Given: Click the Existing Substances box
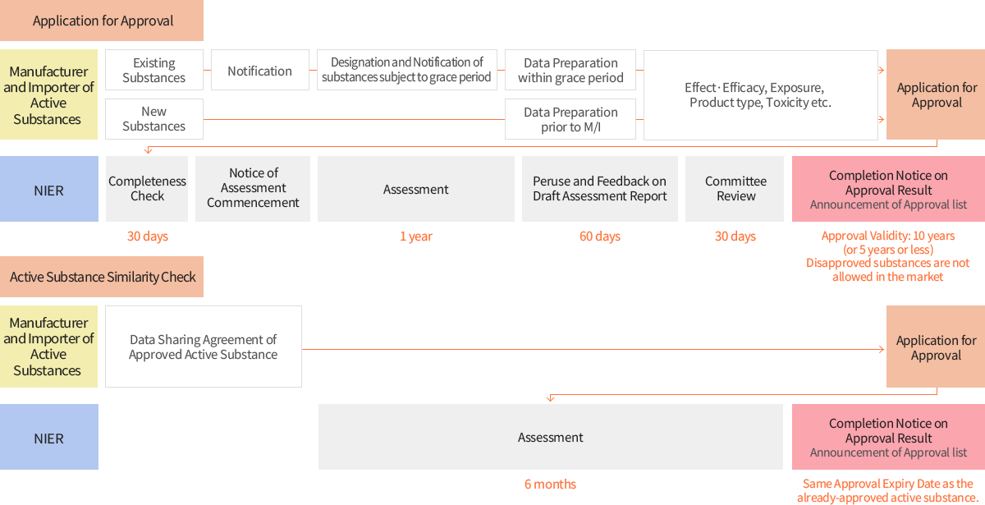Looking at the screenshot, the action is [x=154, y=70].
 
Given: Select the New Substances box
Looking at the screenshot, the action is [x=154, y=119].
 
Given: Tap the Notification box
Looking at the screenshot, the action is [x=260, y=70].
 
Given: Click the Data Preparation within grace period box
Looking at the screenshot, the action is [x=570, y=70].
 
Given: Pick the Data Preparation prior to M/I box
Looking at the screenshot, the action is [x=570, y=119].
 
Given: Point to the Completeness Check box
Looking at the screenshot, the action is [x=147, y=189].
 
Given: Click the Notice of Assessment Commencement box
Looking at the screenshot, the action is [x=253, y=189].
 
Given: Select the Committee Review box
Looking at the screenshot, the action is [x=735, y=189].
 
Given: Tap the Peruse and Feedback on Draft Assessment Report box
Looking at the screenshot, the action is [x=600, y=189].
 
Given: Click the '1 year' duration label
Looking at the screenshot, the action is [x=416, y=236].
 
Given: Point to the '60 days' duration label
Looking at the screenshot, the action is [x=600, y=236].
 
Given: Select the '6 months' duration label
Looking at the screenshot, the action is [x=550, y=484].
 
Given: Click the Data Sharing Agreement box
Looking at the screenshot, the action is [x=204, y=347].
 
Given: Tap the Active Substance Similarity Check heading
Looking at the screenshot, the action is [x=102, y=277].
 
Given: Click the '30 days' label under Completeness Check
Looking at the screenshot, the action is [x=148, y=236].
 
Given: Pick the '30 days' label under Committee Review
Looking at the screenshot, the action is [x=735, y=236].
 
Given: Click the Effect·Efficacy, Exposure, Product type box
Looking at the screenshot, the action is [x=761, y=95].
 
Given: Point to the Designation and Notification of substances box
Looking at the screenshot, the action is [x=407, y=70].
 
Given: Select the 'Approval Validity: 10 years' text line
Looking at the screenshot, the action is [x=888, y=236].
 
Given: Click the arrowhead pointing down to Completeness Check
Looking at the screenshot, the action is [x=149, y=151].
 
